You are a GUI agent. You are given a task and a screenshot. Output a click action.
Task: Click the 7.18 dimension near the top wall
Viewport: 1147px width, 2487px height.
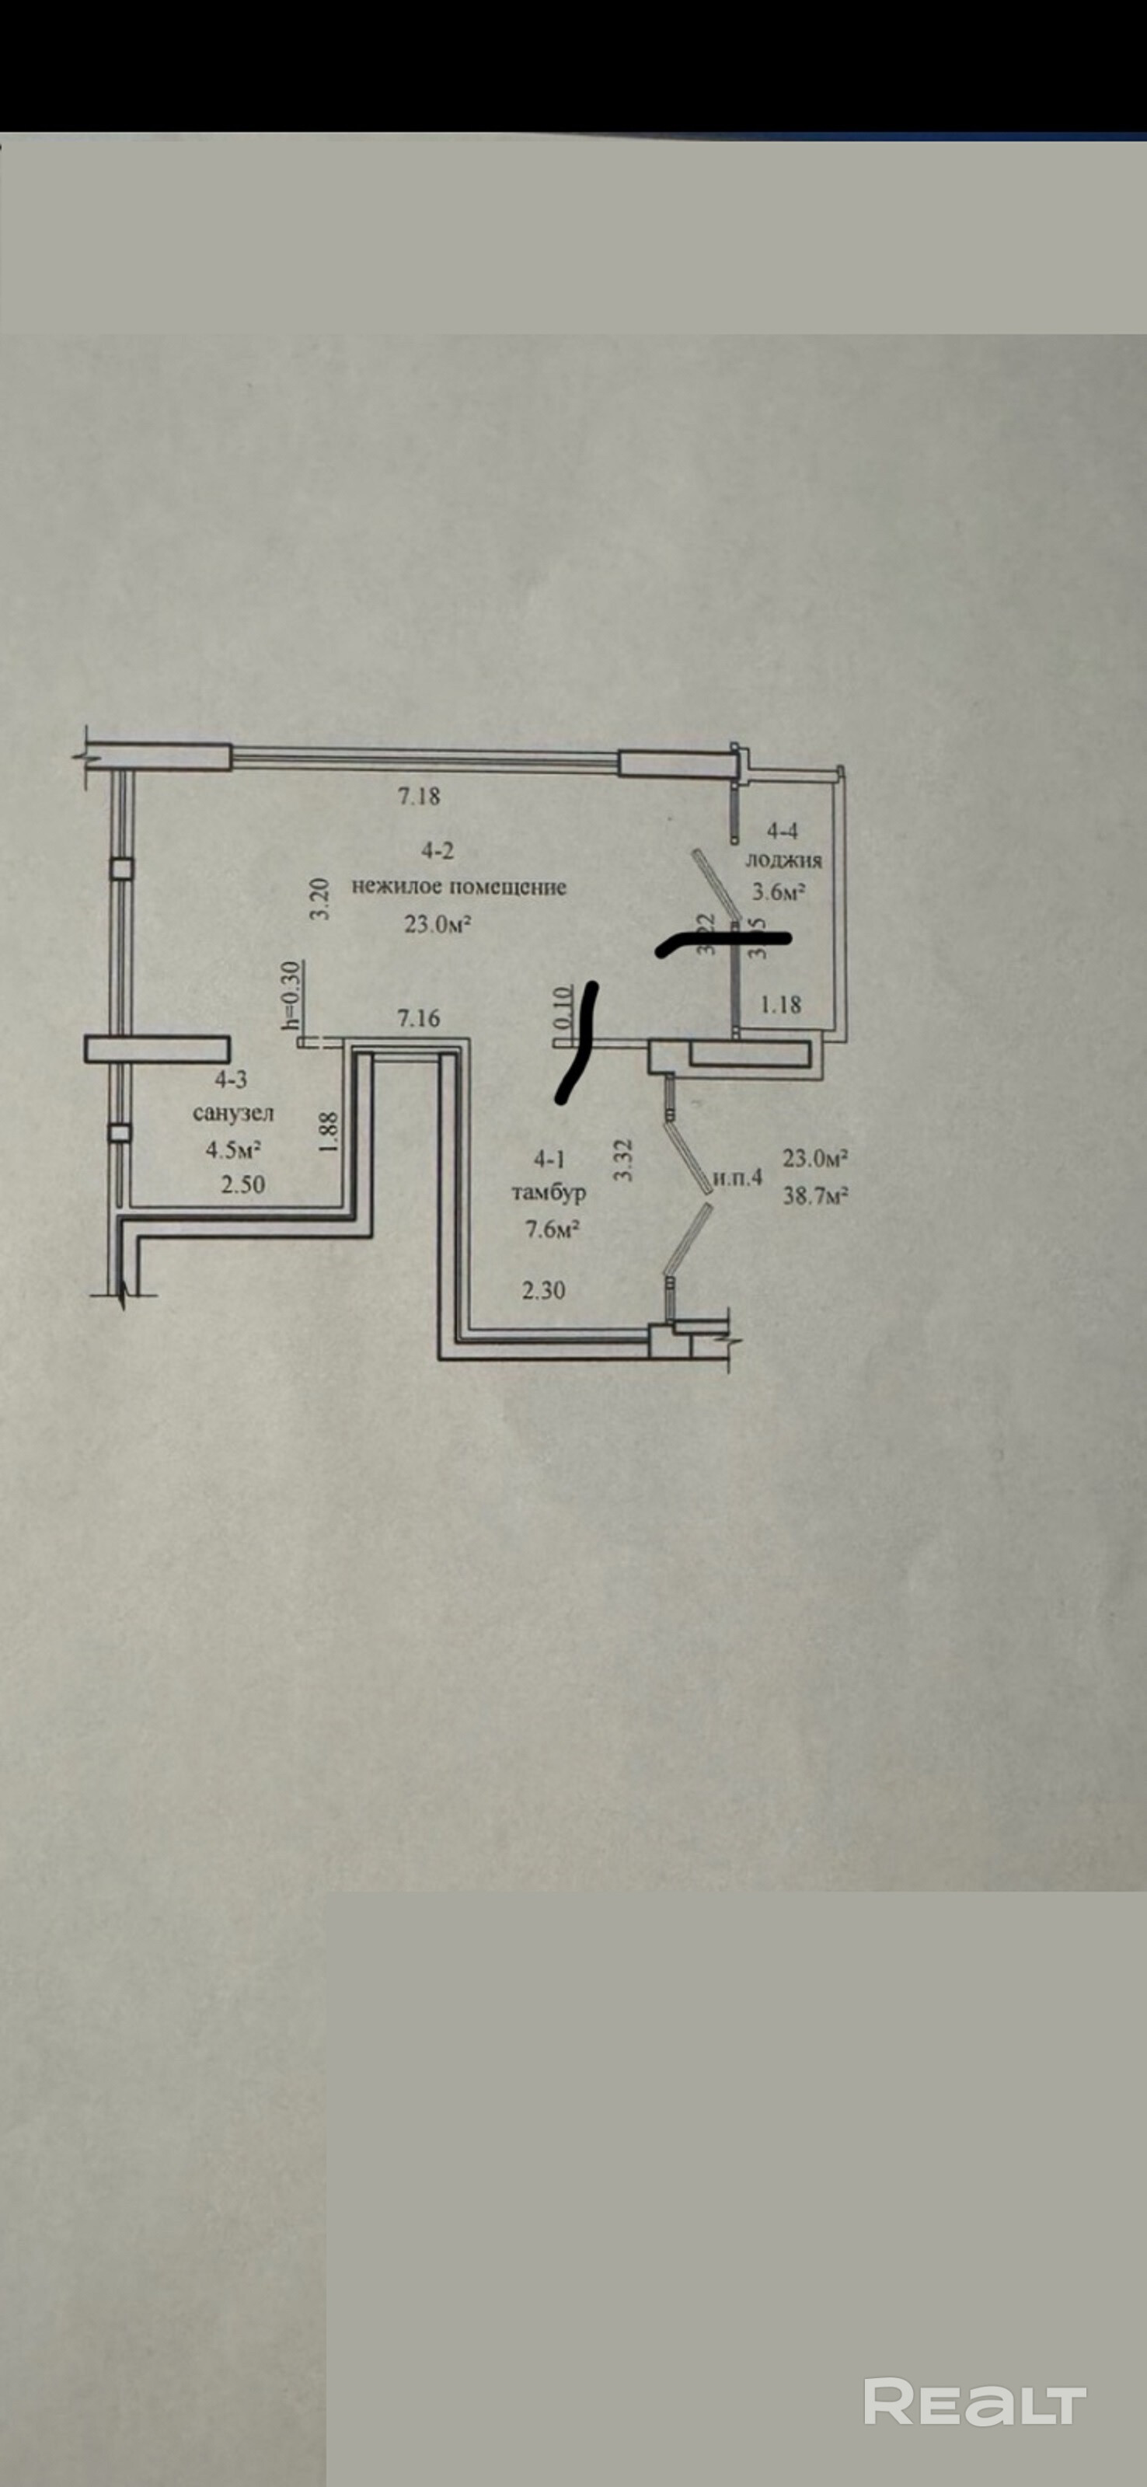coord(419,797)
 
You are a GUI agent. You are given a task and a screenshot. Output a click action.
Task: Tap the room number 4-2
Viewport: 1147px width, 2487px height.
coord(437,850)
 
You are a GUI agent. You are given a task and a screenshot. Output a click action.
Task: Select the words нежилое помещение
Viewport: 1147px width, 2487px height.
coord(458,886)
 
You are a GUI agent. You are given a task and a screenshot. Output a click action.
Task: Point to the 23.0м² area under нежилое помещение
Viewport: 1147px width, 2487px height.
coord(438,924)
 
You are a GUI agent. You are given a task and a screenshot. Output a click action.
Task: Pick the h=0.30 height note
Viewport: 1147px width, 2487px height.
coord(292,995)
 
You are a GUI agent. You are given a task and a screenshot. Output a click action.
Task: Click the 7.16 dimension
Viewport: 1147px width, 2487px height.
coord(419,1017)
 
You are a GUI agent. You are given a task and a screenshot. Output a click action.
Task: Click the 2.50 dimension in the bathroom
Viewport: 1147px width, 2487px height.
coord(242,1184)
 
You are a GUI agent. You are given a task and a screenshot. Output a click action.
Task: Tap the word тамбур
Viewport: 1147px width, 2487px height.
coord(549,1192)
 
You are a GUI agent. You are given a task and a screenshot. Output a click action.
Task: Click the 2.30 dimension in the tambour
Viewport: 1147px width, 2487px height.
coord(543,1290)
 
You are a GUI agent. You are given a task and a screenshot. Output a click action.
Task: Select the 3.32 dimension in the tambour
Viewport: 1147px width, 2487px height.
coord(624,1160)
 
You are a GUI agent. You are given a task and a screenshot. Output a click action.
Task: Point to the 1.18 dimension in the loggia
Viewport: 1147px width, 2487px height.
coord(780,1004)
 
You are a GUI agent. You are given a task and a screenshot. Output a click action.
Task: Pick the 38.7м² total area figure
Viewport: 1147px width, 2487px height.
coord(816,1195)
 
